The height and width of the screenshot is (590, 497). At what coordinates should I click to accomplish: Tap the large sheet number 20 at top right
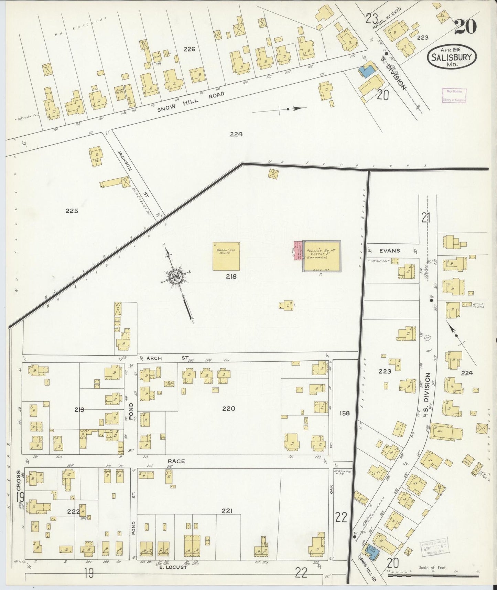465,27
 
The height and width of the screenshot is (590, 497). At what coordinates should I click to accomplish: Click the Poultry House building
322,256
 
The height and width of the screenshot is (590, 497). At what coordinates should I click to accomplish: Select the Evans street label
390,251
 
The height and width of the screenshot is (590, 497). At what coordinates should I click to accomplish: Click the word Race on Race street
176,461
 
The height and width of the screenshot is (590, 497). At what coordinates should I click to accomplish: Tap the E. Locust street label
173,567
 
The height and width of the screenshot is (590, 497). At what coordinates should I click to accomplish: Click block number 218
231,276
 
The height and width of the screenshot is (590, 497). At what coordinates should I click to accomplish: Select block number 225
72,211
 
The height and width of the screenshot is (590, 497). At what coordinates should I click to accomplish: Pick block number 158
344,413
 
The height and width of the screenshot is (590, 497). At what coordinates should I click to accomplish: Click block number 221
227,511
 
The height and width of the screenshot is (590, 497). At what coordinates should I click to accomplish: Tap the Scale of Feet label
432,568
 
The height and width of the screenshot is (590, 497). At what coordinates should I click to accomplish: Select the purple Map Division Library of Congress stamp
454,96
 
